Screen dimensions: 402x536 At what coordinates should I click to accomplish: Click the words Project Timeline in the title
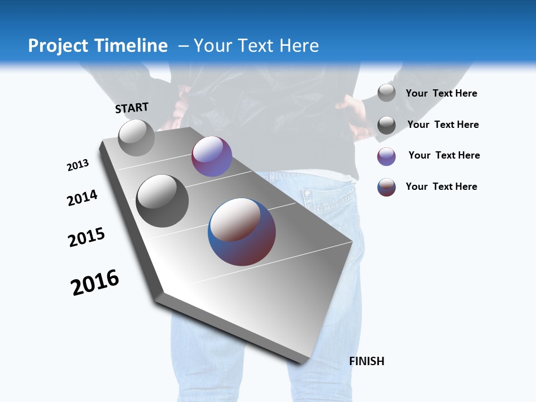point(98,46)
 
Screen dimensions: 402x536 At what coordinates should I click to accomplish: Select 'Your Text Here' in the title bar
point(256,46)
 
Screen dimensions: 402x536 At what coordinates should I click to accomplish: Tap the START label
point(132,108)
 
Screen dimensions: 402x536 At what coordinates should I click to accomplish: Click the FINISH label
point(367,361)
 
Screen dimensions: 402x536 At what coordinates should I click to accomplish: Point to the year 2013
point(78,165)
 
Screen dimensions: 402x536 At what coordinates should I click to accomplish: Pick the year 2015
point(87,237)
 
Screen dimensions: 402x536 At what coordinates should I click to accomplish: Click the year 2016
point(95,283)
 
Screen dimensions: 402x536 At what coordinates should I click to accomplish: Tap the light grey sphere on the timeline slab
point(136,138)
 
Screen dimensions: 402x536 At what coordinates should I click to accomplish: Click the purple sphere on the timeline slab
point(212,156)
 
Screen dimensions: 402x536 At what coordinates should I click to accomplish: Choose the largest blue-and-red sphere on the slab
point(242,232)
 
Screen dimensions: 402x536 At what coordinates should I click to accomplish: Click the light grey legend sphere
point(386,93)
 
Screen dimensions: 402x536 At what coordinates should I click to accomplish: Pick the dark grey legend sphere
point(386,125)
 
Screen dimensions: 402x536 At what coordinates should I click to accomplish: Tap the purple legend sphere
point(386,156)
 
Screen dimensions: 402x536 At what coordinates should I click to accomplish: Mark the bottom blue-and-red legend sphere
point(386,187)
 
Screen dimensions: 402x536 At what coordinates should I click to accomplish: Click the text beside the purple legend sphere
point(444,155)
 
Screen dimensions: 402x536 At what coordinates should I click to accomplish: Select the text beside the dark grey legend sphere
point(443,125)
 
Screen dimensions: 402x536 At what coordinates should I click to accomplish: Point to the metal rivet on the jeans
point(307,193)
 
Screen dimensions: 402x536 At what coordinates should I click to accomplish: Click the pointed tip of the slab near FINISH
point(303,362)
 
